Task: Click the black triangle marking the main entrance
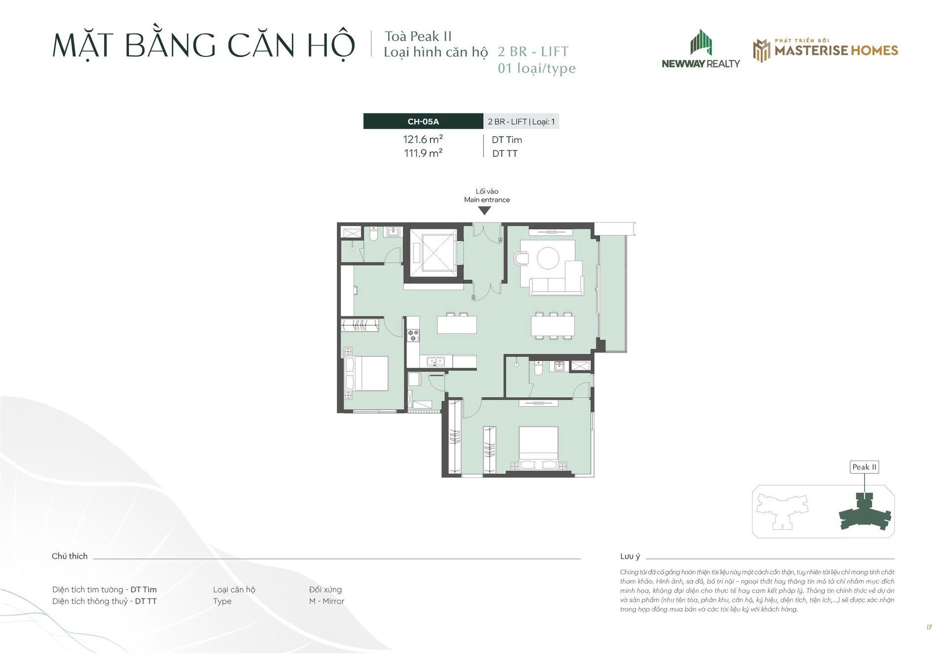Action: click(x=485, y=211)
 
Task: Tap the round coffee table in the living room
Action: click(x=548, y=258)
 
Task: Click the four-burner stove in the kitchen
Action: click(x=413, y=336)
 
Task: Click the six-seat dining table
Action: click(x=553, y=326)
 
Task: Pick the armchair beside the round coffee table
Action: click(x=521, y=258)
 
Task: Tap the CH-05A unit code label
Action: click(x=423, y=121)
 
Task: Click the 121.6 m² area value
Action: click(x=423, y=140)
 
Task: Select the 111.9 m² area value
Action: click(x=423, y=154)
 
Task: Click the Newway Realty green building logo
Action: click(x=701, y=42)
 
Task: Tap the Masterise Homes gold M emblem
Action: click(x=761, y=50)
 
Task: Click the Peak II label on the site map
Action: click(x=865, y=467)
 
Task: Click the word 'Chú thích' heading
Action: click(x=70, y=556)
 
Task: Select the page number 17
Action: click(x=929, y=627)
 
